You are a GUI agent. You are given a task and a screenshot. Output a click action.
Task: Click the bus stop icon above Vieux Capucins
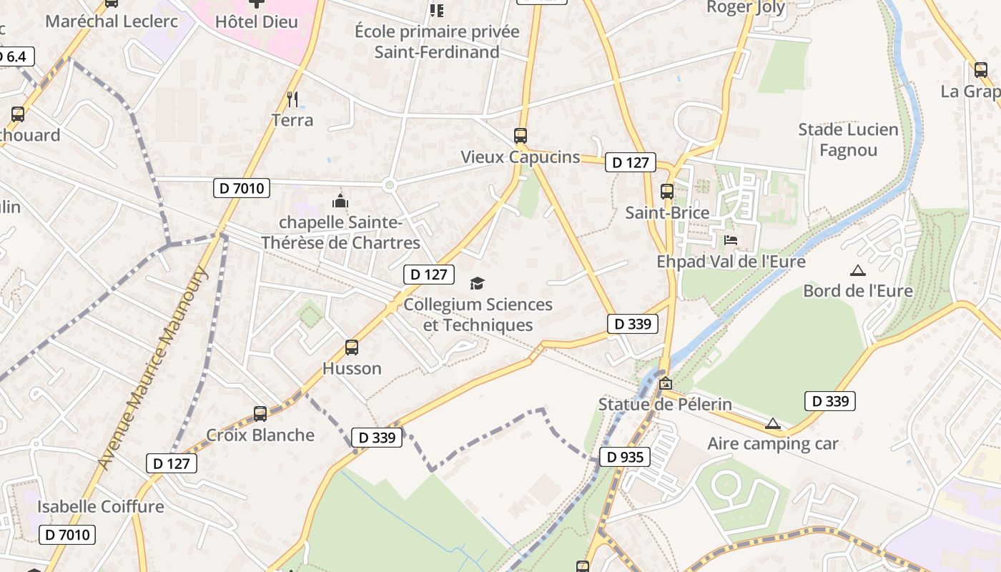(521, 135)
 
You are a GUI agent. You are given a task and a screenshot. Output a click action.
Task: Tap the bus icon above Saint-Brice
(667, 191)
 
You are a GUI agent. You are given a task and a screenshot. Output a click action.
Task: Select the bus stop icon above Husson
(352, 347)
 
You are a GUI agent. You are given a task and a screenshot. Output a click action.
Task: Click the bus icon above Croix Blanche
(260, 413)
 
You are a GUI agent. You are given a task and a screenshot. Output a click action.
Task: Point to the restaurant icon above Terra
(292, 99)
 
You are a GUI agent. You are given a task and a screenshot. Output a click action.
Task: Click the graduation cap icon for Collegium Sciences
(477, 284)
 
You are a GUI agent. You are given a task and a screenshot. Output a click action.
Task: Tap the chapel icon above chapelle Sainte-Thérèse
(340, 201)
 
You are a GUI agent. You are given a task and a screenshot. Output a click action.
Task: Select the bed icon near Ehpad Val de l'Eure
(731, 240)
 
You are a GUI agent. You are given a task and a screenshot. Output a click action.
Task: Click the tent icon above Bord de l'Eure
(857, 270)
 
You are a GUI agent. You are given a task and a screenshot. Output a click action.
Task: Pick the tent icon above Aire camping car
(772, 423)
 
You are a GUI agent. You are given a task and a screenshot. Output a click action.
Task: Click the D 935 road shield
(624, 457)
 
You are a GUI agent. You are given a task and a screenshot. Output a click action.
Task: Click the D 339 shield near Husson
(377, 438)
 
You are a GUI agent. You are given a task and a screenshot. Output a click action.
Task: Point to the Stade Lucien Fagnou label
(848, 139)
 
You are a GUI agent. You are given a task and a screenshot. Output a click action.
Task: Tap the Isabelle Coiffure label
(101, 506)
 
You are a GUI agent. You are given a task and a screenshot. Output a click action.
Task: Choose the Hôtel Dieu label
(256, 21)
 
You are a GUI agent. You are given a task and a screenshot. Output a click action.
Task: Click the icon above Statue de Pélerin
(666, 383)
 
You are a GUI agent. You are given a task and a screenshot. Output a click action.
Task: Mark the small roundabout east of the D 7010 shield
(389, 185)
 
